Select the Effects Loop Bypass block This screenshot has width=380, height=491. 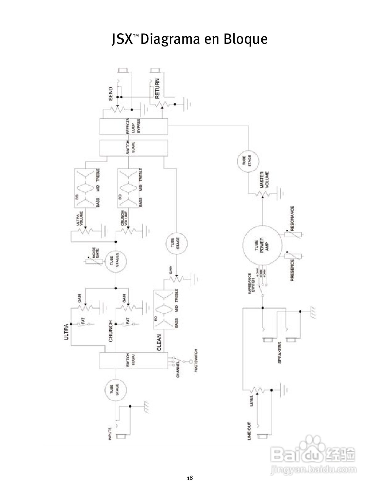click(133, 126)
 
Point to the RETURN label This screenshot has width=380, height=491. click(157, 88)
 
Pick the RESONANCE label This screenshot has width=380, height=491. click(292, 219)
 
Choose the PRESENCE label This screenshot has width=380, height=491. click(292, 270)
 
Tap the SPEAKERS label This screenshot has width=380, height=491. click(280, 353)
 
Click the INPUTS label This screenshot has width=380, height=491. click(110, 434)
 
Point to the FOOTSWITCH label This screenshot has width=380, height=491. click(196, 361)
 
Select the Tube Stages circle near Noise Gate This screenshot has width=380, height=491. click(115, 261)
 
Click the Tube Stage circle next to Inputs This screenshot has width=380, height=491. click(115, 390)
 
